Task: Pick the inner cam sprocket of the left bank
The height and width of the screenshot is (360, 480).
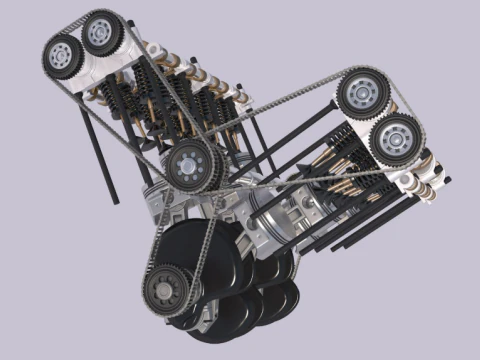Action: point(100,34)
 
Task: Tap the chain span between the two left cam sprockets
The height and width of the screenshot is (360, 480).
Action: point(80,24)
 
